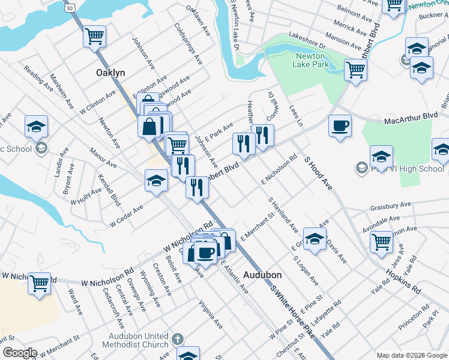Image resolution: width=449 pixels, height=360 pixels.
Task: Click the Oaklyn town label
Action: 111,73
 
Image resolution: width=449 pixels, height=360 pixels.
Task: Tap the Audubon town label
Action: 262,275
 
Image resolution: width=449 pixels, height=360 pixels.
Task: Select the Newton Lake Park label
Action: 310,60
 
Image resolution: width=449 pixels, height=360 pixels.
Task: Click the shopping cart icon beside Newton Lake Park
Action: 356,70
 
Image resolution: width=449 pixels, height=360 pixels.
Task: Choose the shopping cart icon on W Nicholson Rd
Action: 40,283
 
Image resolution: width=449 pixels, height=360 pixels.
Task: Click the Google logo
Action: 20,353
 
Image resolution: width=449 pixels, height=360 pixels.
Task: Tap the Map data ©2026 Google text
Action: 411,355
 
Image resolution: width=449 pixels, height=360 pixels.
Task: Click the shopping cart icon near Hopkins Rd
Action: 382,243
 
